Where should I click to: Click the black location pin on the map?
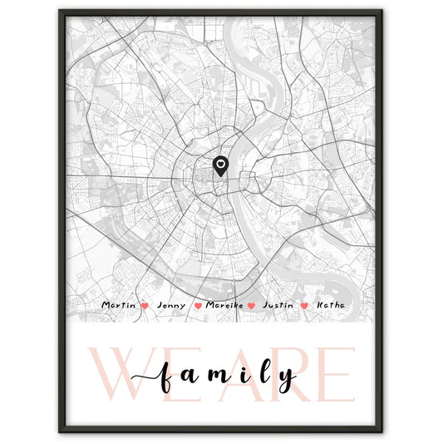[x=220, y=167]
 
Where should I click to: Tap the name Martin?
[x=118, y=306]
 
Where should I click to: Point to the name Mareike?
[x=224, y=306]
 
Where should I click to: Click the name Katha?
[x=329, y=306]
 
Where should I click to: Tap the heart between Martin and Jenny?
[x=145, y=307]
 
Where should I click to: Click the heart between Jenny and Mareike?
[x=198, y=307]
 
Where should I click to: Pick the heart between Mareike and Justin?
[x=251, y=307]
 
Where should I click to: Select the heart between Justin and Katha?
[x=304, y=307]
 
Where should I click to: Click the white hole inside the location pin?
[x=220, y=165]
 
